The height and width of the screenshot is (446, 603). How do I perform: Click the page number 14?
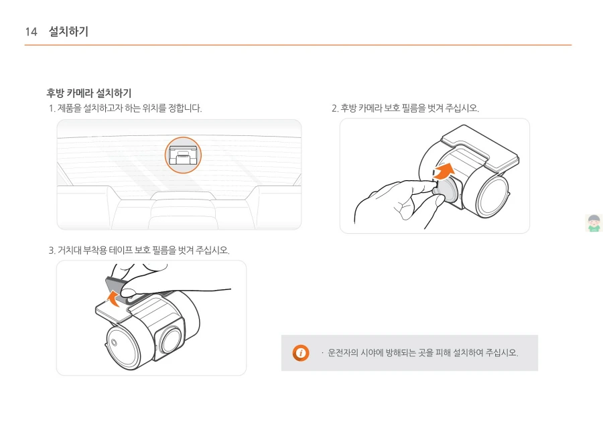pos(31,31)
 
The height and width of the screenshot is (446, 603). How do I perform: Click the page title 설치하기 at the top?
pos(68,31)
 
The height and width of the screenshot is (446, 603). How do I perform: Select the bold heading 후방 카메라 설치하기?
pos(89,93)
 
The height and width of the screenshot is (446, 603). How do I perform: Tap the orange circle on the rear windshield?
pos(183,155)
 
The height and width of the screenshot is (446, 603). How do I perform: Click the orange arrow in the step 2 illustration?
pos(444,171)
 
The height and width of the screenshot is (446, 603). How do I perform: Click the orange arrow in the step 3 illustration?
pos(114,299)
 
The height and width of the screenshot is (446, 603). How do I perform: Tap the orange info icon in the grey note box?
pos(301,352)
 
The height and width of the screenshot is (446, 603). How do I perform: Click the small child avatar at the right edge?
pos(594,223)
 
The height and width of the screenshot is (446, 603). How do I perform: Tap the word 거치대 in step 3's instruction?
pos(69,250)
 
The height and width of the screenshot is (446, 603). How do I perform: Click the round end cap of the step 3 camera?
pos(123,347)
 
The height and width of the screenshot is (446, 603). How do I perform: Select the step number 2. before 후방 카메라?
pos(335,108)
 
